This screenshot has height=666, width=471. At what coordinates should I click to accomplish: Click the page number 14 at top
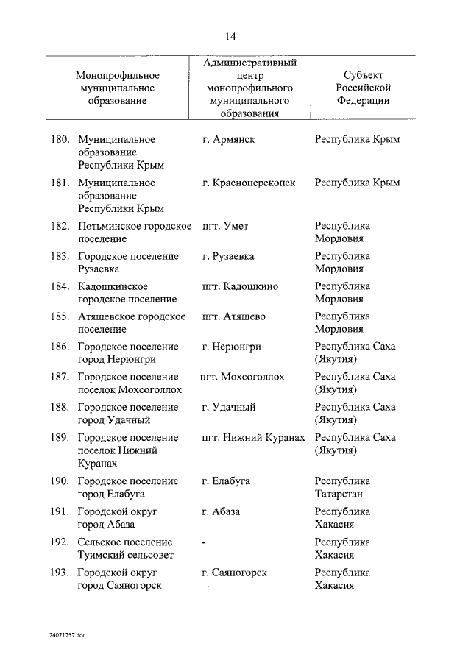(x=230, y=36)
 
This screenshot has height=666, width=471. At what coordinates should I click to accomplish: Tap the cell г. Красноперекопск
(x=248, y=183)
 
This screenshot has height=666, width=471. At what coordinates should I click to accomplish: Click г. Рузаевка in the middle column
(x=228, y=256)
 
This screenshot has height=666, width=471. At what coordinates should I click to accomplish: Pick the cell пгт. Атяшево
(x=233, y=316)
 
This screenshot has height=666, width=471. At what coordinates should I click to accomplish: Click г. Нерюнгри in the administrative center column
(x=232, y=347)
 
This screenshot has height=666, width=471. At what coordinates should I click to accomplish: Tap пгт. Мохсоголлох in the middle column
(x=242, y=377)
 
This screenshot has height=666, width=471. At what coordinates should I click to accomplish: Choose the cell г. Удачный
(x=229, y=407)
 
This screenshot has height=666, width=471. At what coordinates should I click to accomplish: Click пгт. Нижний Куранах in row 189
(x=252, y=437)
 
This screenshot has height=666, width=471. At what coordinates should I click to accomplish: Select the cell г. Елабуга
(x=226, y=481)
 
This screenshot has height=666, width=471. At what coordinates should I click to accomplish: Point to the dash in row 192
(x=203, y=542)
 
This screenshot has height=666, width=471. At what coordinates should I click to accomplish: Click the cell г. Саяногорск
(x=234, y=572)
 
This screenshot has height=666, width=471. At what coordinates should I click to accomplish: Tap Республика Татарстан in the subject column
(x=342, y=487)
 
